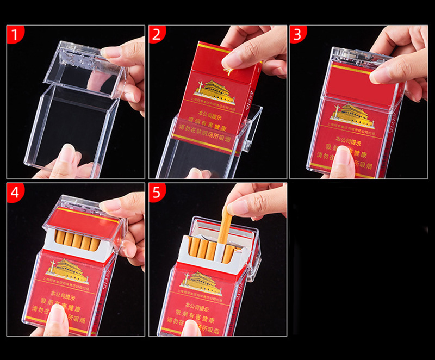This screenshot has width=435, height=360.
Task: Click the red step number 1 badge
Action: (x=15, y=34)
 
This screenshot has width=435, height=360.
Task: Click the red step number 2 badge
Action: (x=157, y=34)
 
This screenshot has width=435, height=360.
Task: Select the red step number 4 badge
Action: (x=15, y=192)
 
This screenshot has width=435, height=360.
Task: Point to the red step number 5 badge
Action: (x=157, y=192)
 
